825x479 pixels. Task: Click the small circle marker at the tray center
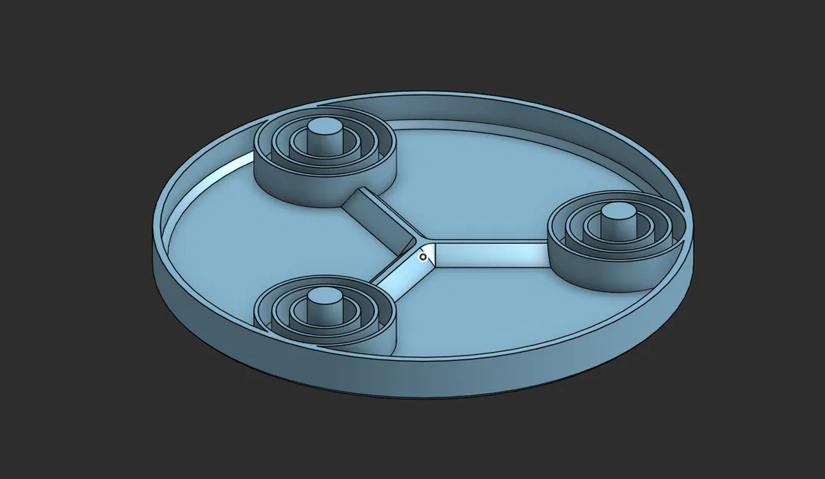[x=422, y=258]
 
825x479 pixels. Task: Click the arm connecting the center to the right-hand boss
[x=491, y=253]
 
